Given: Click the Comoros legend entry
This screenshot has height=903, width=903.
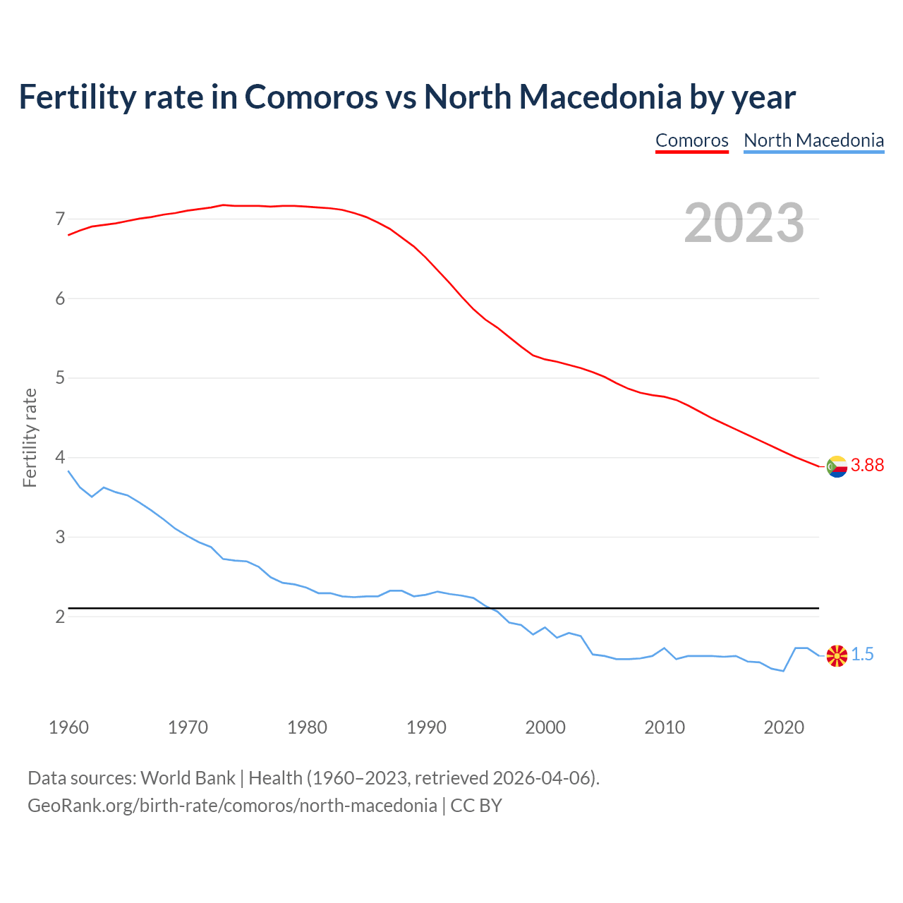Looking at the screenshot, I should pyautogui.click(x=691, y=140).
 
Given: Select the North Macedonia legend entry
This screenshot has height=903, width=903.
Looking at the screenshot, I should pyautogui.click(x=813, y=140).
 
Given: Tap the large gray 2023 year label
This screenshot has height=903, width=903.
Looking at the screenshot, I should pyautogui.click(x=744, y=223).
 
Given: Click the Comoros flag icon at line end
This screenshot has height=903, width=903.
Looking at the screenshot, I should pyautogui.click(x=837, y=466).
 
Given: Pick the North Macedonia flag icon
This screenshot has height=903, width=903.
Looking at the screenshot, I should pyautogui.click(x=837, y=655).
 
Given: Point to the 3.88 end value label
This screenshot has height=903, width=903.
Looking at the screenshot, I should pyautogui.click(x=867, y=466).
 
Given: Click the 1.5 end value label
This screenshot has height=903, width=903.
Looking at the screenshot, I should pyautogui.click(x=862, y=655).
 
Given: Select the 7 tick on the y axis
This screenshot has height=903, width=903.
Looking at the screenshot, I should pyautogui.click(x=60, y=219).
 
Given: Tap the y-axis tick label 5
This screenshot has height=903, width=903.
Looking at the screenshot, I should pyautogui.click(x=60, y=378).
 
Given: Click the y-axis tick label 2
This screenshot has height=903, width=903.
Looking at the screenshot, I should pyautogui.click(x=60, y=617).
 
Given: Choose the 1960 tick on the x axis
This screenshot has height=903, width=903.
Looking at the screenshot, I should pyautogui.click(x=68, y=727).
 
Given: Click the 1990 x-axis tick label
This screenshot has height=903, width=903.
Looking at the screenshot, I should pyautogui.click(x=426, y=727).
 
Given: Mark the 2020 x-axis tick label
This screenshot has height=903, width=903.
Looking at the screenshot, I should pyautogui.click(x=784, y=727).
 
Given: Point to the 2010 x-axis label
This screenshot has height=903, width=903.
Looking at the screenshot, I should pyautogui.click(x=665, y=727).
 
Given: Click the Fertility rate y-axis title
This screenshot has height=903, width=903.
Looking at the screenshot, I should pyautogui.click(x=30, y=437).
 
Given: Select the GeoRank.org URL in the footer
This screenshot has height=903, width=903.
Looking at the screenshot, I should pyautogui.click(x=232, y=806).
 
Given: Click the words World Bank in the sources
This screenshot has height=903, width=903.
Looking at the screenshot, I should pyautogui.click(x=188, y=778).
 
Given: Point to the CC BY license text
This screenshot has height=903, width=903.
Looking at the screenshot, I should pyautogui.click(x=476, y=806).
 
